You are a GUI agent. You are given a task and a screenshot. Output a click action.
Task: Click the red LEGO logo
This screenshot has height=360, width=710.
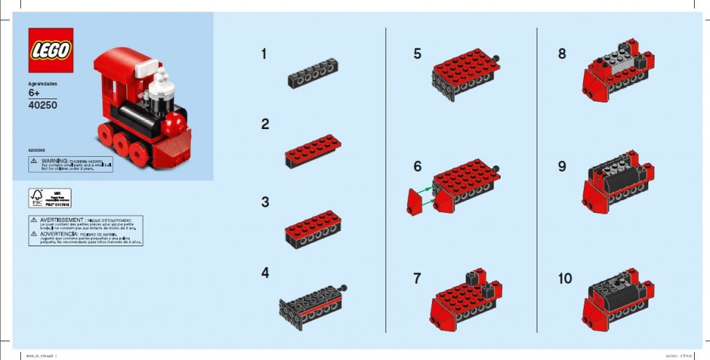coord(51,51)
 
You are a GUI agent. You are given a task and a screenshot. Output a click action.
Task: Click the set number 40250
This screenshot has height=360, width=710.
coord(43,106)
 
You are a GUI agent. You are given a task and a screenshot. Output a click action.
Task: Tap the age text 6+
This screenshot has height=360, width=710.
coord(35,94)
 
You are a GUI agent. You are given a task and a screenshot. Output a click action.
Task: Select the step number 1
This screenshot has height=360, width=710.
coord(263,54)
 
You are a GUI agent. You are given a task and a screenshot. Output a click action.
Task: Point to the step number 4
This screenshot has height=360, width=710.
coord(265,273)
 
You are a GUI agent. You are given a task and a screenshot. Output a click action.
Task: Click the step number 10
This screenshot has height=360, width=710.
coord(565,278)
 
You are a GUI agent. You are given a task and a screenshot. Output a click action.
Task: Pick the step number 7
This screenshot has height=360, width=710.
coord(417,278)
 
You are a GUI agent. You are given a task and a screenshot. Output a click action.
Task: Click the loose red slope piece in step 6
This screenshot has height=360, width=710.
coord(415,202)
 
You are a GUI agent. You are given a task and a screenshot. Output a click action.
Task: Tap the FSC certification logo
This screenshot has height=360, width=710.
coord(37,198)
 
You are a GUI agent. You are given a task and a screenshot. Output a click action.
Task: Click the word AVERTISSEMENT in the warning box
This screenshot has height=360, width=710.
coord(60,219)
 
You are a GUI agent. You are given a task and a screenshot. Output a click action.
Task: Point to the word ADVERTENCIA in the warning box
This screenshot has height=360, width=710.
coord(59,234)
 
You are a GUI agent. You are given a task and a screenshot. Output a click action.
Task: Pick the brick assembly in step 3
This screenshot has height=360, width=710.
coord(313,230)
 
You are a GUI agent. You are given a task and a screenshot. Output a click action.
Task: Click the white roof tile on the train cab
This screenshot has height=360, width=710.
coord(147,69)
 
